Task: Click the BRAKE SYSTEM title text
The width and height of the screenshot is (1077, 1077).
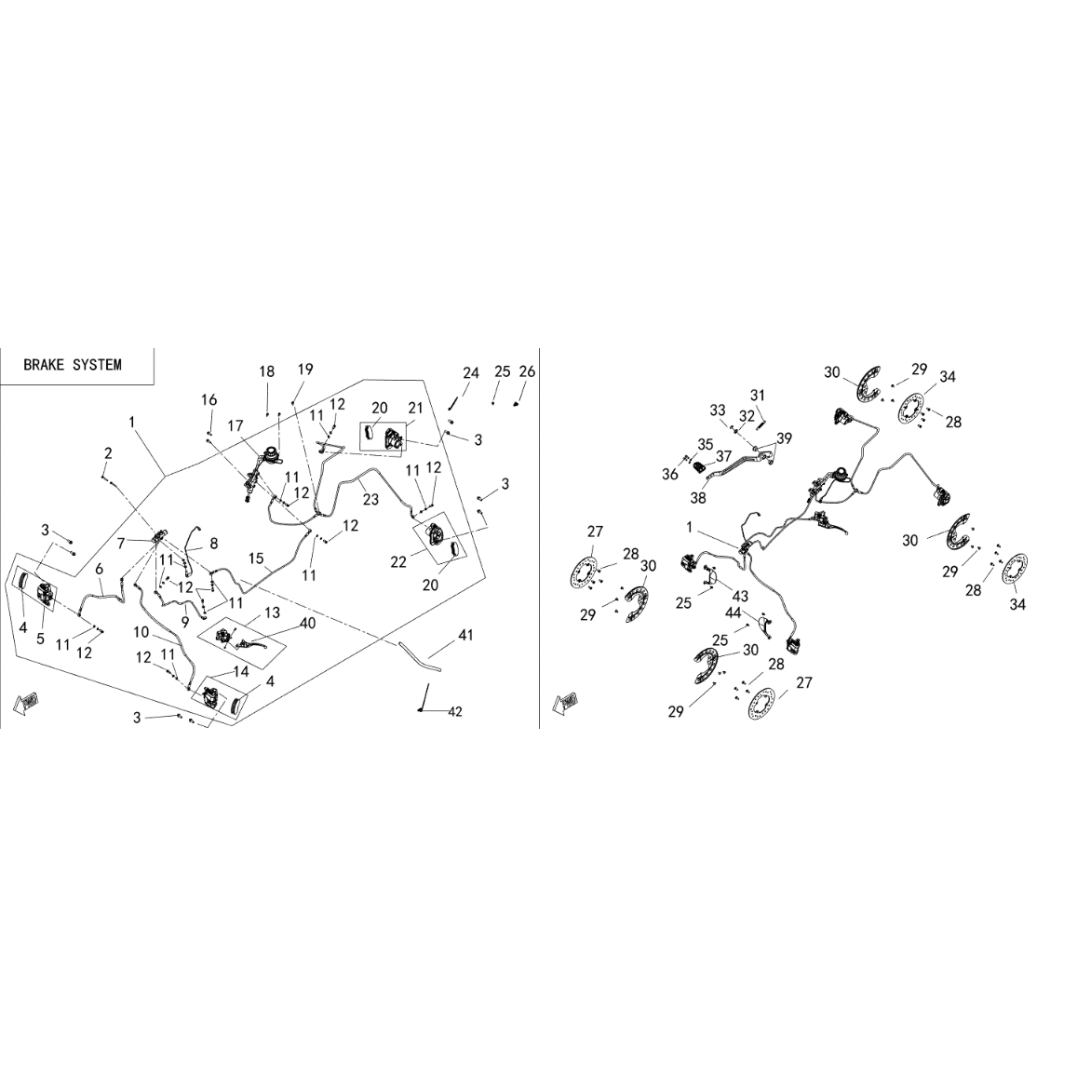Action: point(72,365)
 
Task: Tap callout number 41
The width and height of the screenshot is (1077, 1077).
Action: point(465,636)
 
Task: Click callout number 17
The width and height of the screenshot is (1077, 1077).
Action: point(236,425)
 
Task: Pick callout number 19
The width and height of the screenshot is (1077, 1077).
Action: point(305,369)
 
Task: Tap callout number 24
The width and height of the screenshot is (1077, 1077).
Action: point(470,373)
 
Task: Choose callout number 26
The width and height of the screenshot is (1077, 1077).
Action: point(527,371)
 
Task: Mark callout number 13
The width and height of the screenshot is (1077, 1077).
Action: point(272,612)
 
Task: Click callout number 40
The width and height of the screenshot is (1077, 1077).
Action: point(307,623)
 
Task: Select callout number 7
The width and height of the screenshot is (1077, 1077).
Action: point(121,544)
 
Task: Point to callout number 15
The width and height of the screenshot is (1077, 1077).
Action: point(256,559)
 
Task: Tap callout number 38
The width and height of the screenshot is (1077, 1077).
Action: point(698,497)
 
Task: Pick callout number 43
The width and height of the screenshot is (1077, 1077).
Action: point(740,596)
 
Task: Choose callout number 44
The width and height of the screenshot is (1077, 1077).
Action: point(733,612)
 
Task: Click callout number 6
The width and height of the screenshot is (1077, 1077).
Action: point(100,569)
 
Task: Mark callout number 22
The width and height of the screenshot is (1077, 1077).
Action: point(398,562)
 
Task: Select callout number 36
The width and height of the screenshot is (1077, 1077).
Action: point(669,475)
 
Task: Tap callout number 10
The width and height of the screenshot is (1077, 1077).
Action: point(141,632)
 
